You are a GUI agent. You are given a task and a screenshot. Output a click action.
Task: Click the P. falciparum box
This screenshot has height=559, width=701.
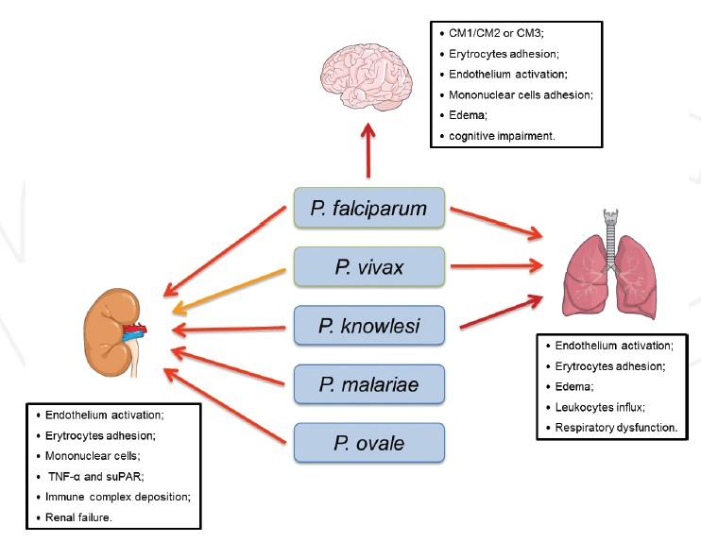tap(368, 208)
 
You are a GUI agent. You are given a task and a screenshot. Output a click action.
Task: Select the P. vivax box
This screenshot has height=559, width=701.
tap(368, 267)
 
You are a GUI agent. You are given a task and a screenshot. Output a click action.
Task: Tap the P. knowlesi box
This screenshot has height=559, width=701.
tap(368, 327)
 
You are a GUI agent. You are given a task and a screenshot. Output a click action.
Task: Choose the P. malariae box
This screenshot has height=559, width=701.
tap(368, 385)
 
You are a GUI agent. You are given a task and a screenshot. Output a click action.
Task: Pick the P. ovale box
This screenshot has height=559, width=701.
tap(368, 444)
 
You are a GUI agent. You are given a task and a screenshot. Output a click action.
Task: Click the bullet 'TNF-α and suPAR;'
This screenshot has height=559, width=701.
tap(94, 477)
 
